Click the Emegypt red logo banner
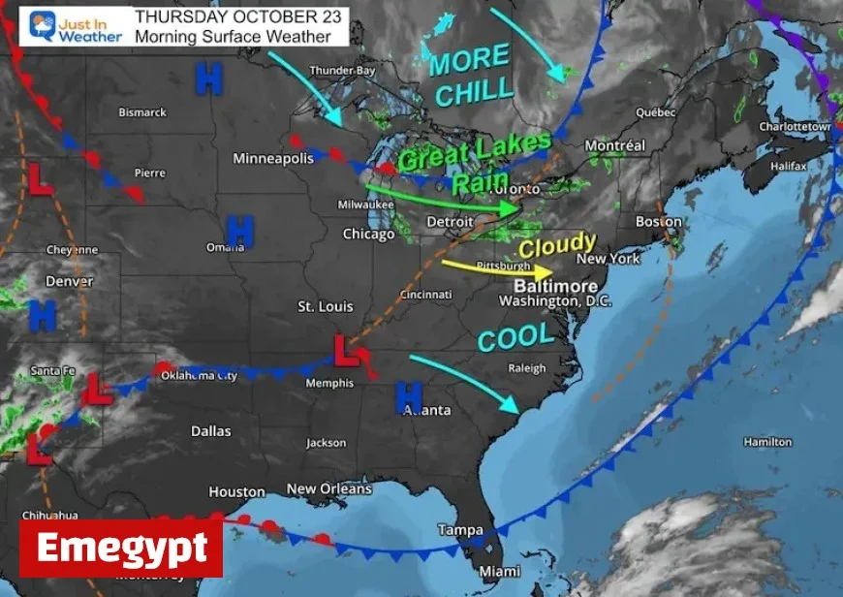click(x=121, y=549)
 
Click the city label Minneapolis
click(x=273, y=158)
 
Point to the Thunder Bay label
click(x=341, y=71)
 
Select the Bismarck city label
click(x=142, y=112)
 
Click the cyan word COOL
click(x=516, y=337)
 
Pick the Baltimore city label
click(x=555, y=287)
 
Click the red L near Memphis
click(x=345, y=350)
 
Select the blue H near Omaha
click(x=239, y=231)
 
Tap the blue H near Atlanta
click(x=409, y=396)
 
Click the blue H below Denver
click(x=43, y=315)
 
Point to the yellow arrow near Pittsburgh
click(x=495, y=267)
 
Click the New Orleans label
click(x=328, y=489)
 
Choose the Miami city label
click(x=499, y=570)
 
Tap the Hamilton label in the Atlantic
click(x=767, y=442)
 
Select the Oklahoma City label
click(x=199, y=375)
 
